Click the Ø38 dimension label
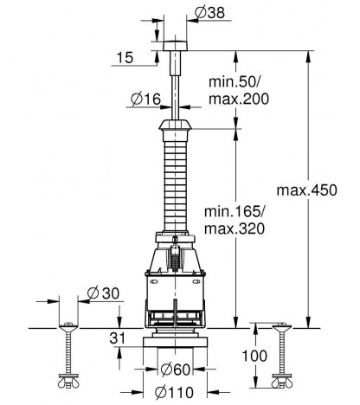209,13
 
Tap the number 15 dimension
125,58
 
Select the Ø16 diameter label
145,100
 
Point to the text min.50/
235,82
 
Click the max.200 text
239,99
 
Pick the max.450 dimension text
306,190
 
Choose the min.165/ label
234,212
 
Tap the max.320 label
235,228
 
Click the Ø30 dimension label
103,293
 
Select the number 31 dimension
118,338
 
